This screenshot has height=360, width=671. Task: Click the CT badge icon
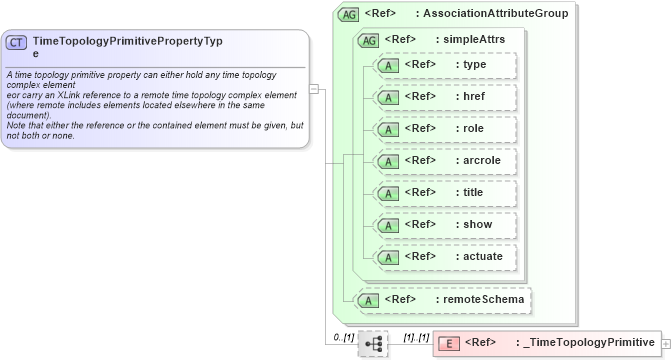(17, 43)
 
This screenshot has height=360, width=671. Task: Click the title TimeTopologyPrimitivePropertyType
(127, 46)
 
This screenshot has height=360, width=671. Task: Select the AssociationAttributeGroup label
(495, 14)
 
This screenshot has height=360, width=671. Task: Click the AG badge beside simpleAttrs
(368, 40)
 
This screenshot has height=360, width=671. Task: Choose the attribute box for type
(444, 65)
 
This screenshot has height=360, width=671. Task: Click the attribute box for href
(444, 97)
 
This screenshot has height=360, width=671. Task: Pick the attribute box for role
(444, 129)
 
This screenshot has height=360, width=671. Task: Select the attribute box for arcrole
(444, 161)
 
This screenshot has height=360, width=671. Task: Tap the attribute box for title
(444, 193)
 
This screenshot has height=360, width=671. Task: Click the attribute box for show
(444, 225)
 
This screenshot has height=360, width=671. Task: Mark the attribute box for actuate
(444, 257)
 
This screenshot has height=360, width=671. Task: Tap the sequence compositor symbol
(373, 343)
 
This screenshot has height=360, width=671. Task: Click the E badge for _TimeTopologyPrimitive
(450, 343)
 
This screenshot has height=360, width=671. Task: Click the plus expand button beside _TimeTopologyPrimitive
(666, 343)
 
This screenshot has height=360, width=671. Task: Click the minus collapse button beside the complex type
(313, 88)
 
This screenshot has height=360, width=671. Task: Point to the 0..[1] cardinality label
(343, 337)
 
